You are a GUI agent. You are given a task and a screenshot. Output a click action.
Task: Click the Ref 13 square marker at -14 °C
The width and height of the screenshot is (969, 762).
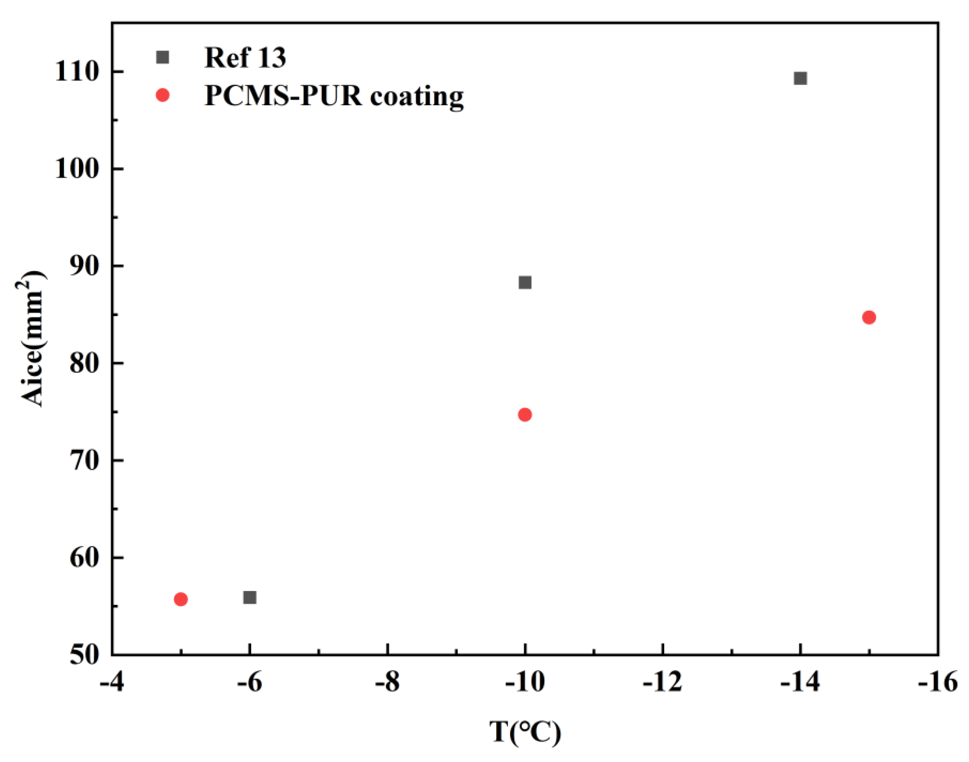click(x=800, y=78)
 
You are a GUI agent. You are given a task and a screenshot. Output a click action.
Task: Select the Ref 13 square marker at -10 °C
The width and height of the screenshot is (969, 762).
click(x=525, y=283)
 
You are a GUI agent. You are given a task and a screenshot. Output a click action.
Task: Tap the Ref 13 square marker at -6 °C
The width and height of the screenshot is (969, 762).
click(x=250, y=597)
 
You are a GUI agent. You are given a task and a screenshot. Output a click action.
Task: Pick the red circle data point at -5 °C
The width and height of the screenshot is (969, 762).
click(x=180, y=599)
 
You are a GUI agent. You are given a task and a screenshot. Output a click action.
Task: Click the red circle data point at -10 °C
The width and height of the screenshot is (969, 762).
click(x=525, y=414)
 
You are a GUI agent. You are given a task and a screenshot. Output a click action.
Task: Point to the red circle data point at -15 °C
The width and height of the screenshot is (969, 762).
click(x=869, y=317)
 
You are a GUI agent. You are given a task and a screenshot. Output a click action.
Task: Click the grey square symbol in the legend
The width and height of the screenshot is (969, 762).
click(x=163, y=57)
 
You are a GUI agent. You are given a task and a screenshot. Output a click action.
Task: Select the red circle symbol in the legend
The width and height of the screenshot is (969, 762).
click(x=163, y=95)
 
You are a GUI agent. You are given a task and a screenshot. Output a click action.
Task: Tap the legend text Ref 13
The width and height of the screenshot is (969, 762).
click(x=245, y=58)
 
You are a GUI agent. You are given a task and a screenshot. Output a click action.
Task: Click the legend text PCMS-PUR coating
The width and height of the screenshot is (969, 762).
click(x=333, y=96)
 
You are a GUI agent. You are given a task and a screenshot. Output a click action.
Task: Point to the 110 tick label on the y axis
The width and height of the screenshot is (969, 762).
click(x=76, y=71)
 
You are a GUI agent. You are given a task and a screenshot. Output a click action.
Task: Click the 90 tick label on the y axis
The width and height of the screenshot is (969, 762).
click(x=84, y=266)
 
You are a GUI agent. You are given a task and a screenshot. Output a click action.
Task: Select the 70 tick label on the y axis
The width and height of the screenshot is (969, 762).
click(x=84, y=460)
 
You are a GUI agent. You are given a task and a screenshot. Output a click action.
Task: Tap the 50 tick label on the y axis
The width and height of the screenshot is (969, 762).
click(x=84, y=655)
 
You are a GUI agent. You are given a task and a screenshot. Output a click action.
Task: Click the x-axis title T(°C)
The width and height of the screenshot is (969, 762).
click(x=525, y=732)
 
